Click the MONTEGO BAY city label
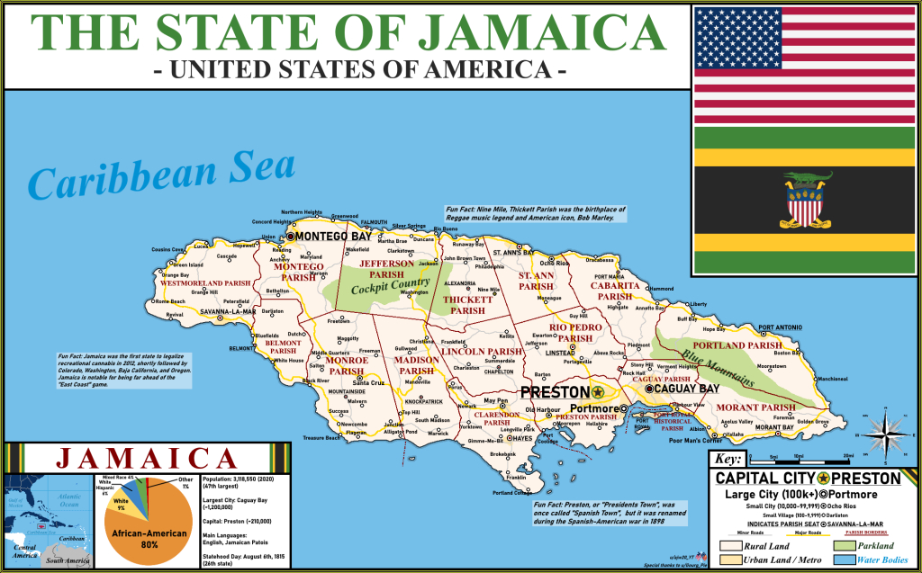coord(335,236)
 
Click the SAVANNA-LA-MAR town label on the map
coord(229,311)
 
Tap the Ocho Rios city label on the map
coord(556,263)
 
